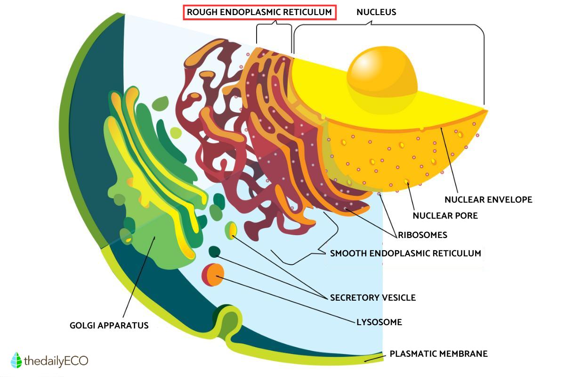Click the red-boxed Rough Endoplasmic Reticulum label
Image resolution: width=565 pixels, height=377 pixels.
pos(259,12)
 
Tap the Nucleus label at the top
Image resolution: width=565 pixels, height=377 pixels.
pos(376,12)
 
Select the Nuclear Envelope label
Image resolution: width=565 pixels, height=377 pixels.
pos(488,199)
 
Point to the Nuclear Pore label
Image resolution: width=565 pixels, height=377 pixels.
pos(445,216)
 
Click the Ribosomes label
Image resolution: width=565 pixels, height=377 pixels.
pos(422,235)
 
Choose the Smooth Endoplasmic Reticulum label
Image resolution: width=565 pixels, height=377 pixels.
pos(405,254)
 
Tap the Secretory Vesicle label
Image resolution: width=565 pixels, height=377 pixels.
pos(372,298)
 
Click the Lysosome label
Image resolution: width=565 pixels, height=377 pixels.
pos(379,322)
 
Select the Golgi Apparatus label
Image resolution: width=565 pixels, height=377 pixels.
pos(109,325)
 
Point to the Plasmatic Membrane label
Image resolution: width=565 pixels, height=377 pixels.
pos(438,353)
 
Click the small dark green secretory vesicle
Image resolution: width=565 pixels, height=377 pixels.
pos(215,252)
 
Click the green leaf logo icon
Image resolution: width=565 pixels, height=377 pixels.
pos(16,360)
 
